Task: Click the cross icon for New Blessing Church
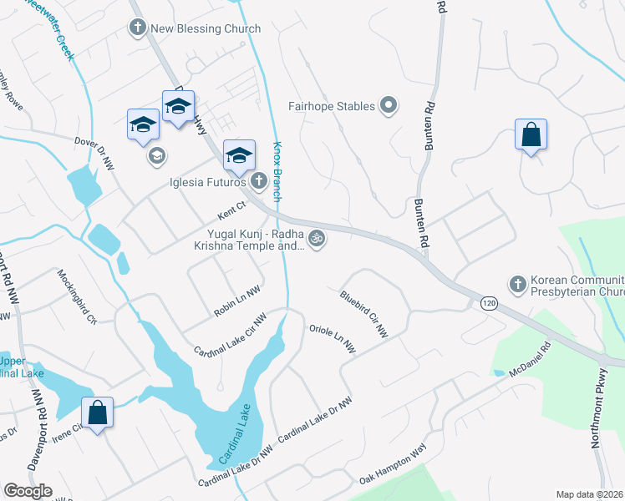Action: [138, 28]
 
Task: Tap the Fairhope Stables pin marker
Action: [388, 106]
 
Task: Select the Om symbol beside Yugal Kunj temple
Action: [316, 240]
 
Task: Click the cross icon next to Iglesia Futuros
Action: [259, 180]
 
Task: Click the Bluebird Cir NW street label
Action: [364, 313]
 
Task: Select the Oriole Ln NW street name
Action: [333, 338]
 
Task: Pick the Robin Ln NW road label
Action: [237, 300]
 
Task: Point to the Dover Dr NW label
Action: [94, 154]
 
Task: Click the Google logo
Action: [28, 491]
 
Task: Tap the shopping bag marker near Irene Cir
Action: [98, 412]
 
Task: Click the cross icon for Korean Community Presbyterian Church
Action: [517, 285]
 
